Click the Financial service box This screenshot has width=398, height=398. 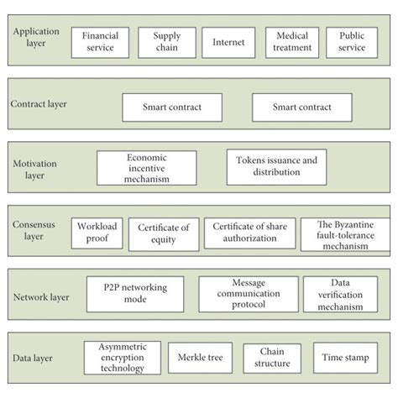click(x=100, y=42)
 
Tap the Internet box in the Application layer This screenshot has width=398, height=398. click(x=229, y=42)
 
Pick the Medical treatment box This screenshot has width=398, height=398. click(x=292, y=42)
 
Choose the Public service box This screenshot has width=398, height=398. click(x=352, y=42)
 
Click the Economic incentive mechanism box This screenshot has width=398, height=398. click(x=147, y=167)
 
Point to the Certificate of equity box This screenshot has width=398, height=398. click(x=165, y=232)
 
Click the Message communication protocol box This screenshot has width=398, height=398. click(x=248, y=295)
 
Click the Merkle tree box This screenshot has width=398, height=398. click(x=201, y=358)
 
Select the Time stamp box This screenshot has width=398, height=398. click(x=344, y=358)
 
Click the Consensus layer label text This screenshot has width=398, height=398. click(x=34, y=230)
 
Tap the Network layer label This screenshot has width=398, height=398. click(x=40, y=296)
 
